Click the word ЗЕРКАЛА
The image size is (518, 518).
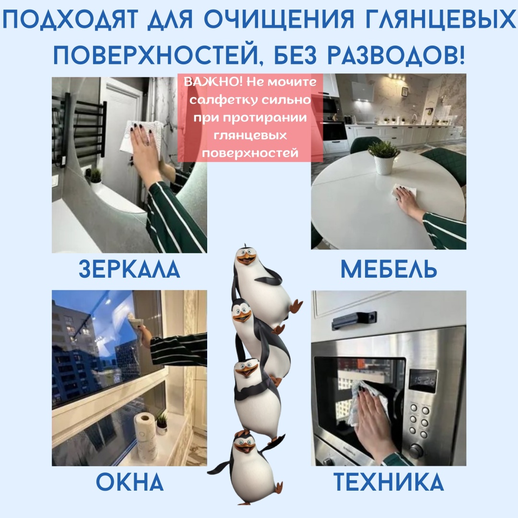(129, 269)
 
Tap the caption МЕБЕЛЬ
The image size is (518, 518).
(389, 269)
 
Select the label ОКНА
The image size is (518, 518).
(130, 482)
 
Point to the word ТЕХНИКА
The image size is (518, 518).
(388, 482)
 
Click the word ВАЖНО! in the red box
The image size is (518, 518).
(213, 82)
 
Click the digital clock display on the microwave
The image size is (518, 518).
(423, 380)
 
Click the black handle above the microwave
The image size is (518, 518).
(354, 319)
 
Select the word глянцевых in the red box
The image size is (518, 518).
(250, 135)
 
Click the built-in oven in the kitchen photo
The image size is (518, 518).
(334, 135)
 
